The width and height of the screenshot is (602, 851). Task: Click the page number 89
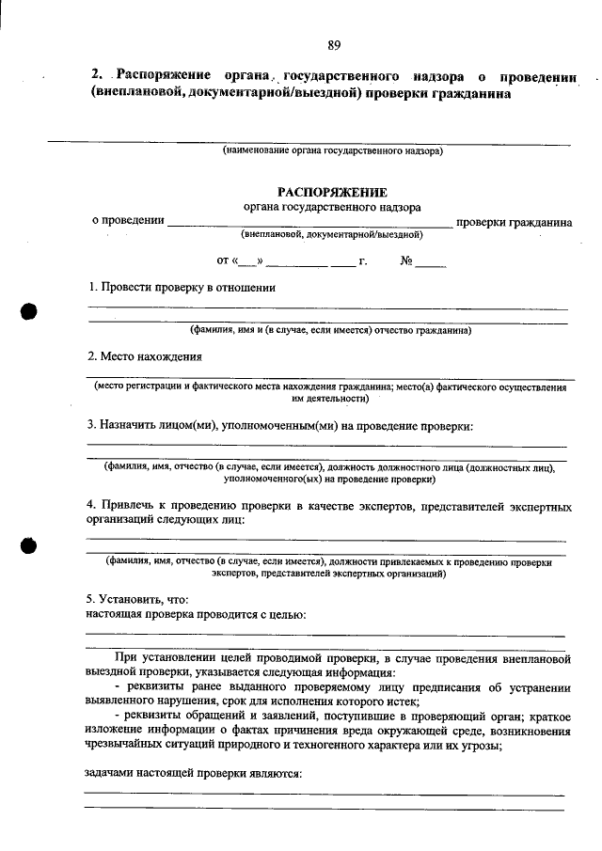334,45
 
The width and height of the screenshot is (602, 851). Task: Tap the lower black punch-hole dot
30,546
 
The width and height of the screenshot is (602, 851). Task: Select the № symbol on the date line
407,260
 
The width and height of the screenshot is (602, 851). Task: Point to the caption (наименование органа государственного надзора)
332,150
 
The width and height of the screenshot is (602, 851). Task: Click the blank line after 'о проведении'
309,224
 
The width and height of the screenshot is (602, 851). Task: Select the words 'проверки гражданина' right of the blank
514,223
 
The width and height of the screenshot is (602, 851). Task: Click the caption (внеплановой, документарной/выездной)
332,235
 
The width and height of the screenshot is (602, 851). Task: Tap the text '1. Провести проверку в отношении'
182,288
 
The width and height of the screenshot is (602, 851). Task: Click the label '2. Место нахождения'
144,356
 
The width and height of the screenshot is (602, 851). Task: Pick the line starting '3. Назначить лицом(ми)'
279,426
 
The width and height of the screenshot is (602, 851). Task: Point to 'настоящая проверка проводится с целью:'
196,615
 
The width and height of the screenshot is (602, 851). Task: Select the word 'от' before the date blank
223,260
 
